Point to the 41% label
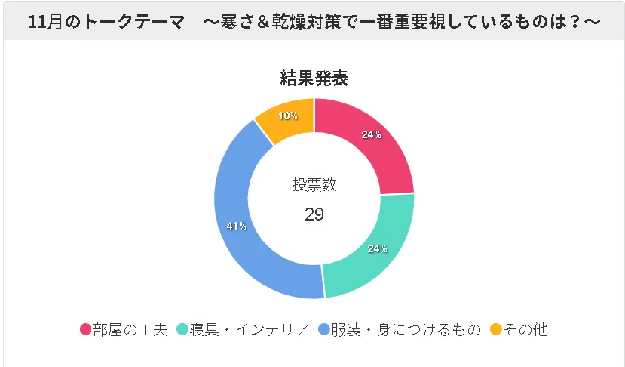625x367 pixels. click(236, 226)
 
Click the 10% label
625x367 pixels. click(287, 116)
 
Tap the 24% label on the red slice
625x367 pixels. click(371, 135)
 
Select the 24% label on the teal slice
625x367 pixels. click(377, 248)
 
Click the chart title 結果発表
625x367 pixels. click(314, 79)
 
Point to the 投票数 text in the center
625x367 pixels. click(314, 184)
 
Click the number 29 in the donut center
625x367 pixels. click(314, 214)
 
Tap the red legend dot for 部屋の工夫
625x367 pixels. click(85, 329)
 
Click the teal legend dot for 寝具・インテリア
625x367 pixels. click(182, 329)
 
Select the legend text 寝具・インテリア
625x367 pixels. click(249, 329)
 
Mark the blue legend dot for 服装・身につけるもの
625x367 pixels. click(323, 329)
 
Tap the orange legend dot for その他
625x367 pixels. click(495, 329)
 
